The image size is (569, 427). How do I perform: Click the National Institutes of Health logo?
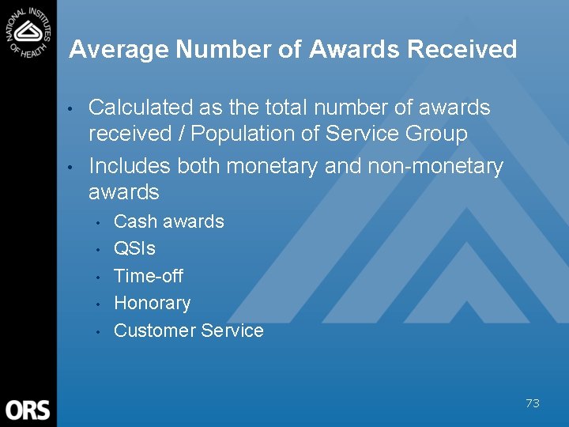pos(28,31)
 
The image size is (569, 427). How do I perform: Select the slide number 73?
pos(533,403)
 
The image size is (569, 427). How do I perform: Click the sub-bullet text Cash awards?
pos(169,221)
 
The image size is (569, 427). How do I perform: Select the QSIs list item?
pos(135,248)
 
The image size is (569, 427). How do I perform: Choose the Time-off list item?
pos(149,276)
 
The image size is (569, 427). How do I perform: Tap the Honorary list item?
pos(153,303)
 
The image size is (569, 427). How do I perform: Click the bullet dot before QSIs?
pos(97,250)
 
